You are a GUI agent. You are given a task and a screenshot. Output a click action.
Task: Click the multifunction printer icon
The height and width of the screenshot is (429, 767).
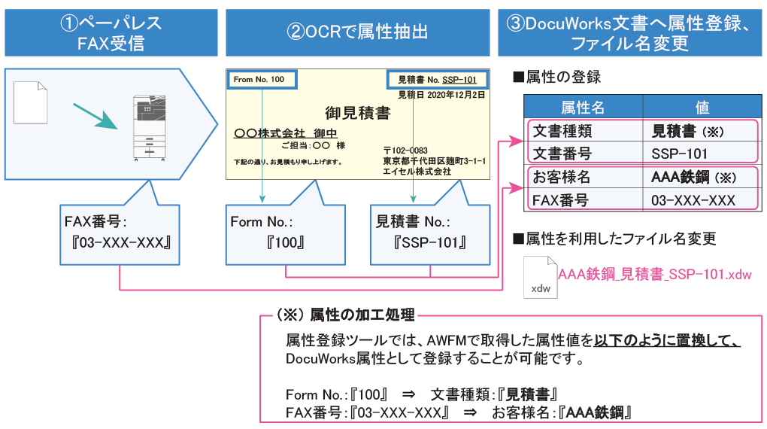point(147,126)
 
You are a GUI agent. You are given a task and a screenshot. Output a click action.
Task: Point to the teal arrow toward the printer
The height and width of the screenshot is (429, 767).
point(96,116)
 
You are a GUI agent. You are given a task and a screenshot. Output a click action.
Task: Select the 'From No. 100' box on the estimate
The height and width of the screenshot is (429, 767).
point(259,80)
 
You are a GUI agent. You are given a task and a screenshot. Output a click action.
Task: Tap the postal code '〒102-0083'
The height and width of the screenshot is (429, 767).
point(405,151)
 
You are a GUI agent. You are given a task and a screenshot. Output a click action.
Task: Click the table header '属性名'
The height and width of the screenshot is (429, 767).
point(582,107)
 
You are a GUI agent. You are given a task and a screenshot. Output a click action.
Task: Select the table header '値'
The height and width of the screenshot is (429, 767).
point(702,107)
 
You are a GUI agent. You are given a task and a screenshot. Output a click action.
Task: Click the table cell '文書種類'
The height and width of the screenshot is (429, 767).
point(562,131)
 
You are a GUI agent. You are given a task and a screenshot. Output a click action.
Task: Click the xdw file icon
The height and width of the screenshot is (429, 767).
point(540,277)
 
